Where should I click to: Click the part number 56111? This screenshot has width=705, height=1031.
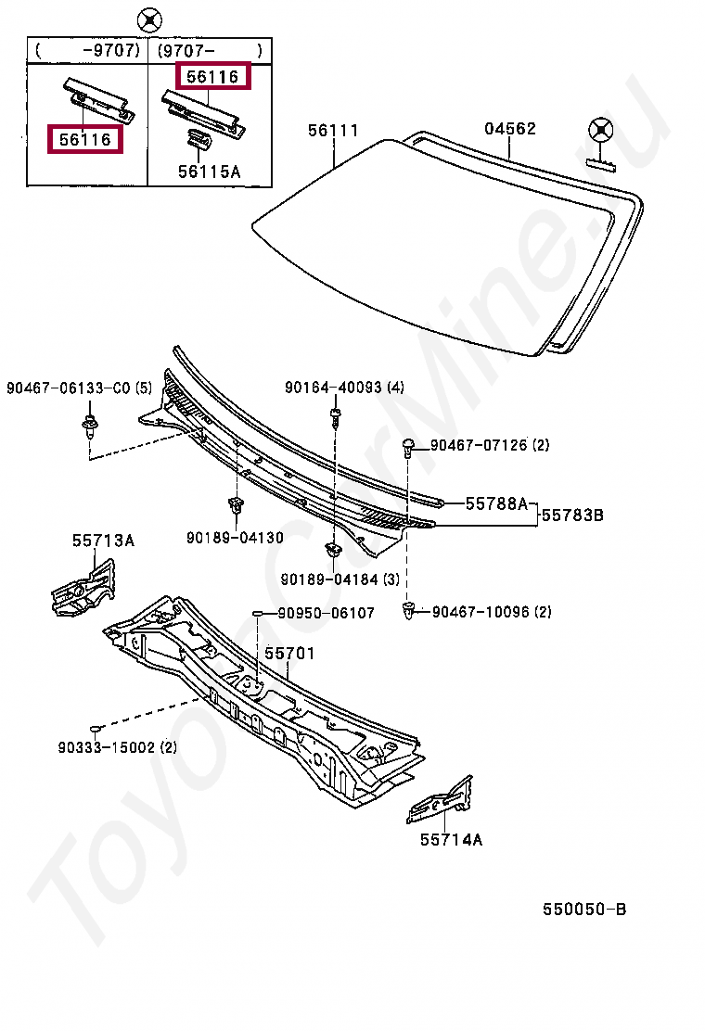[333, 131]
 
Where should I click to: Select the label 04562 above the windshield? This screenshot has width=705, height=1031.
[510, 129]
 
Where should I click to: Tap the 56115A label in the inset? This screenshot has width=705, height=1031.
[209, 171]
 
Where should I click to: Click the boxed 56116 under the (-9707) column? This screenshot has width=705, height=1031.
[85, 140]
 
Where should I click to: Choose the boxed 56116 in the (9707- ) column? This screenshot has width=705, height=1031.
[212, 77]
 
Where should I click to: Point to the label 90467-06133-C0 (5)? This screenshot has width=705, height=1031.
[78, 388]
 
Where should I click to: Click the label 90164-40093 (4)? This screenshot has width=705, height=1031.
[345, 388]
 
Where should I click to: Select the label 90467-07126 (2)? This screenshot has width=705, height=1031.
[489, 446]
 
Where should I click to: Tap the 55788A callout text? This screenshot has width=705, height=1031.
[496, 503]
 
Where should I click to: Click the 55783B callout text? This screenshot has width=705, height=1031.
[572, 514]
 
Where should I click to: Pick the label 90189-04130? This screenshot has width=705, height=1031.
[235, 538]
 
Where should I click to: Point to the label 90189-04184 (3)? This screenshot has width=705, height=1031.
[340, 579]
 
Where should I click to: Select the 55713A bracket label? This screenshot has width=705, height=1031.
[104, 540]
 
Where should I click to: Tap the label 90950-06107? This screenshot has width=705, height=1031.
[327, 613]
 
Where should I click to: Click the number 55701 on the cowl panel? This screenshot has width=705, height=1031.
[289, 654]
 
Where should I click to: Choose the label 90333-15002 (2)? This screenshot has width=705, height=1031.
[117, 746]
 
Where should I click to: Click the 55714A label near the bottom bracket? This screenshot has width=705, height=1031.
[451, 840]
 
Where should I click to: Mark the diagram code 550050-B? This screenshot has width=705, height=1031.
[584, 909]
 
